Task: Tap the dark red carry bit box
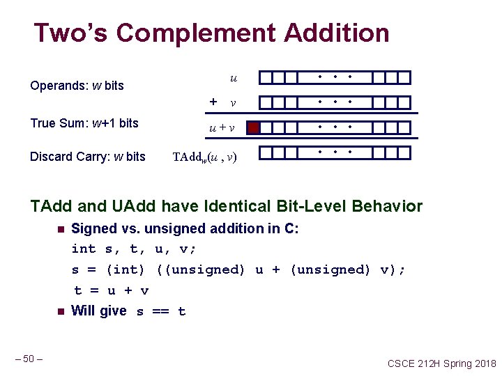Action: coord(254,127)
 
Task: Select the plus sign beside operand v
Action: coord(213,102)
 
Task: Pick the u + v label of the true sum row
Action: coord(222,128)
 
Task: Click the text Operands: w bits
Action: coord(77,86)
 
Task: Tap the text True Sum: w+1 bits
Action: coord(84,123)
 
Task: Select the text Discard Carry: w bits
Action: coord(88,156)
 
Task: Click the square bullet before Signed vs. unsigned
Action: coord(61,229)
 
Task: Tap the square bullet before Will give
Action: coord(61,311)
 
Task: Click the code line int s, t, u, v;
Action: coord(134,249)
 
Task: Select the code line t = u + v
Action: coord(112,290)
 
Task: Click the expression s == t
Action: coord(161,311)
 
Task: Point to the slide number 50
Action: coord(29,359)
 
